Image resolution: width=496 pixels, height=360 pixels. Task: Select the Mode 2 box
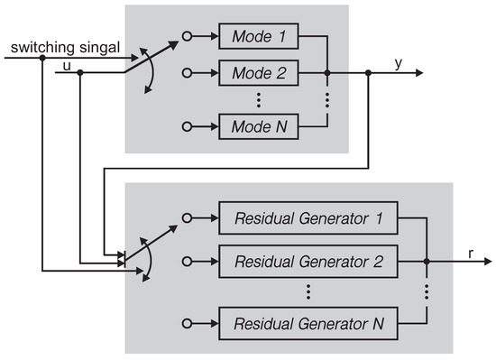(x=258, y=73)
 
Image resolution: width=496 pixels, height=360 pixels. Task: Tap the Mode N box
(x=258, y=127)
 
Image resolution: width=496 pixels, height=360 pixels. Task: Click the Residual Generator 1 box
(x=308, y=217)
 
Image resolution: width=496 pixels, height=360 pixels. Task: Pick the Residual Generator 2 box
(x=308, y=262)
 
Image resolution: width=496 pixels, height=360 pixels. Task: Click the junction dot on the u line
(x=80, y=73)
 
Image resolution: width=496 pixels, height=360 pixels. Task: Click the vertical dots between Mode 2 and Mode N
(x=258, y=100)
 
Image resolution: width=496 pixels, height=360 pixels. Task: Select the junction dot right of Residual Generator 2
(x=426, y=262)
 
